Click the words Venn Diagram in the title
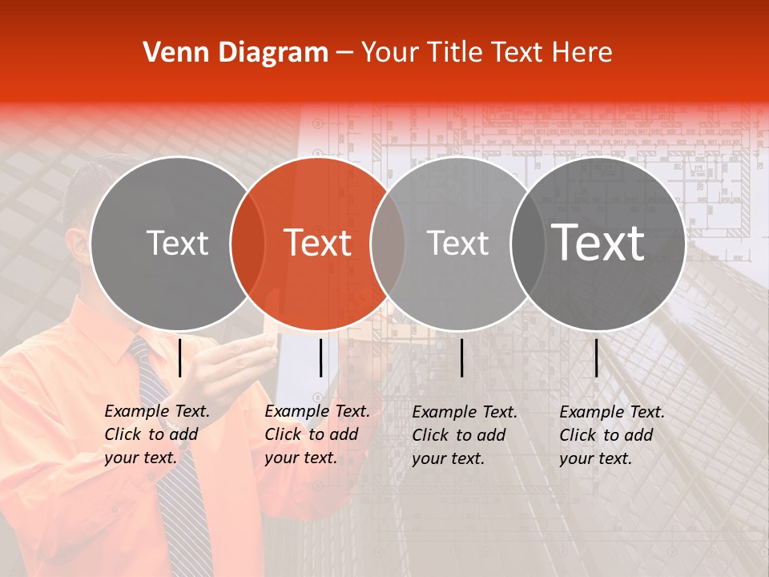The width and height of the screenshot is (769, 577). tap(235, 53)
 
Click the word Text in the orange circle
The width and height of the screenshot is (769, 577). tap(318, 243)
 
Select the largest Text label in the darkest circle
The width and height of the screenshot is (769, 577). tap(598, 243)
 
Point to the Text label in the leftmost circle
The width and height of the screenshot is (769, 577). tap(177, 243)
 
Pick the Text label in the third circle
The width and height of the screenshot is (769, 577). tap(457, 243)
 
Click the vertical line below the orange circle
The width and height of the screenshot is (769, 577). tap(320, 357)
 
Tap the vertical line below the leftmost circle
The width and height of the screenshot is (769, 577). tap(179, 357)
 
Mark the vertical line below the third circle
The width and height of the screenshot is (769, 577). tap(461, 357)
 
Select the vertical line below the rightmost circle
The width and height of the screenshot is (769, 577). tap(596, 357)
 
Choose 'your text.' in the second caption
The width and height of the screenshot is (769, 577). tap(300, 458)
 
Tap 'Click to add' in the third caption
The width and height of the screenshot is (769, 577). tap(459, 435)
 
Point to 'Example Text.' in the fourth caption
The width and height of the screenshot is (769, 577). tap(612, 412)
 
